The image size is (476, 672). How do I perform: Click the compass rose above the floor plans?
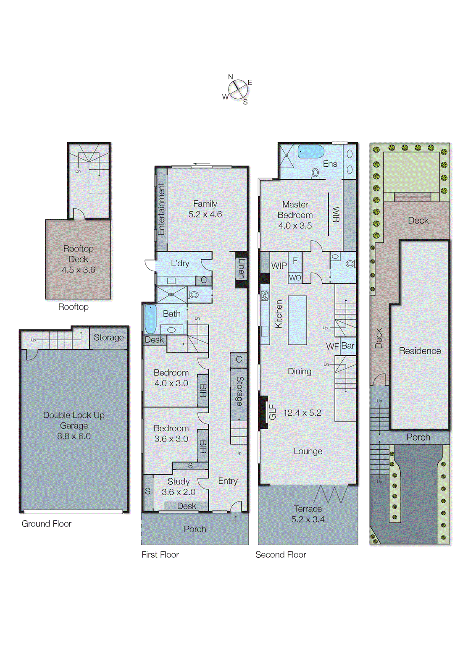(x=237, y=89)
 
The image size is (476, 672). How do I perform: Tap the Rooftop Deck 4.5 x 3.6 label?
(x=79, y=259)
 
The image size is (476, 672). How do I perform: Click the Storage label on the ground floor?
(x=108, y=337)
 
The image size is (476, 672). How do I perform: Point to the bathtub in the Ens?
(x=310, y=152)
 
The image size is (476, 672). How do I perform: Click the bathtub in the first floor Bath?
(x=150, y=319)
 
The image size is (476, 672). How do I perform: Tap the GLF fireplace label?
(x=272, y=412)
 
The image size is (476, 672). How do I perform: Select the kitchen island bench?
(x=297, y=320)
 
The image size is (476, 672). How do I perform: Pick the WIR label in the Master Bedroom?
(x=336, y=214)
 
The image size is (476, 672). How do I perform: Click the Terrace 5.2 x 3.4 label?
(x=308, y=514)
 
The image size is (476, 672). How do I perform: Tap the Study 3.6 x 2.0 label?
(x=178, y=486)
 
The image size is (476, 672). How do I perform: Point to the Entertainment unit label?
(x=161, y=209)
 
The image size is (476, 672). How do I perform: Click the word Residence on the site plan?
(x=420, y=351)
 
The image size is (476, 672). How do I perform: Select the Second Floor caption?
(x=281, y=554)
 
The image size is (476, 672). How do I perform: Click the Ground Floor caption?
(x=47, y=524)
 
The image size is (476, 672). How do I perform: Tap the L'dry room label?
(x=180, y=263)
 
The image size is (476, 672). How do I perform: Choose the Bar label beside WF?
(x=348, y=345)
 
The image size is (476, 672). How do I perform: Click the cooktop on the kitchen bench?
(x=265, y=296)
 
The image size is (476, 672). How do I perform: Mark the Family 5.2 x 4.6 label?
(x=205, y=209)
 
